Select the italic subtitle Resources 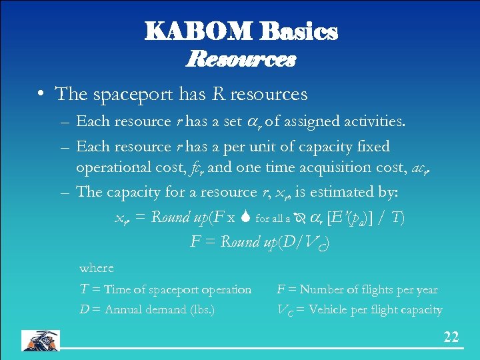[241, 60]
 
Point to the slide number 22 [451, 337]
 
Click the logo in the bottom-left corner [40, 340]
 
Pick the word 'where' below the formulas [97, 268]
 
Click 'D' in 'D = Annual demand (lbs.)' [84, 310]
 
